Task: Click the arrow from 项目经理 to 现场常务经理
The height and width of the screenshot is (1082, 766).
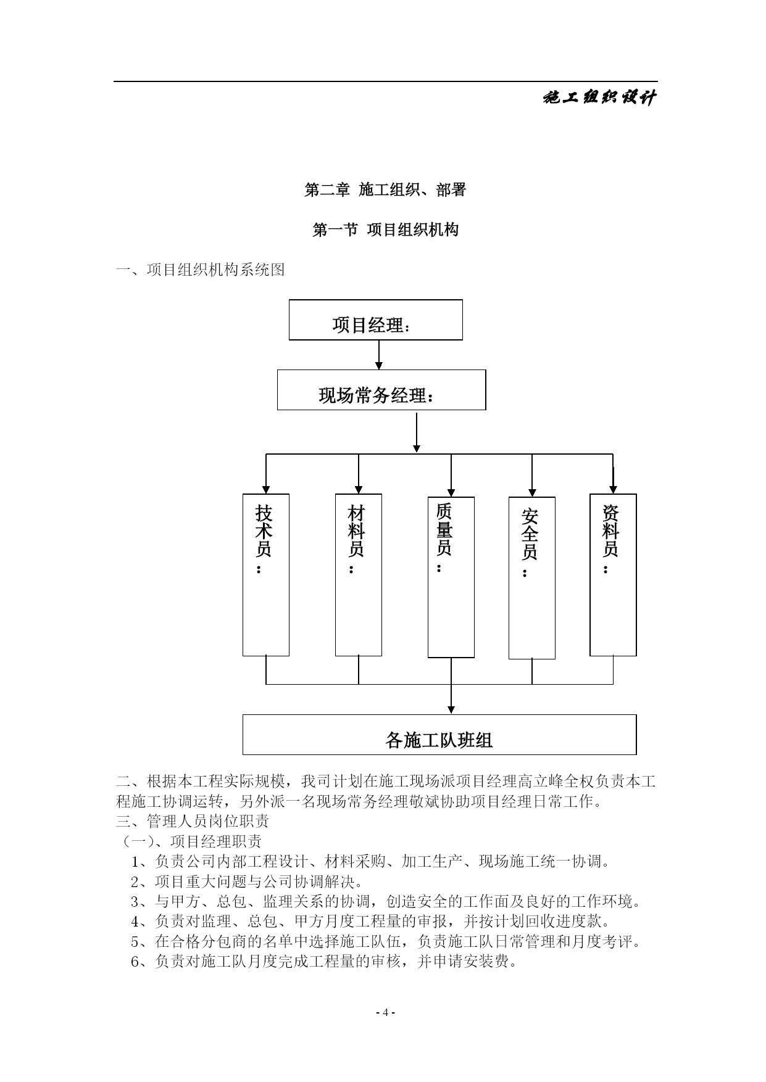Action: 379,355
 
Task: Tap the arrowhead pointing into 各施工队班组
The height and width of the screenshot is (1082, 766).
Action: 451,709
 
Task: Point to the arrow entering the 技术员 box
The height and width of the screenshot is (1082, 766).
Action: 266,474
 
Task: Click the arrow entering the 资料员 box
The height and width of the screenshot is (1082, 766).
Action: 613,474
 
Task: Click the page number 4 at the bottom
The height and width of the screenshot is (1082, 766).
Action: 385,1012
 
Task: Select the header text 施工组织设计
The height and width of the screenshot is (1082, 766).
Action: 599,97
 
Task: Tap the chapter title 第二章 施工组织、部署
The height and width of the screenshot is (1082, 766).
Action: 385,190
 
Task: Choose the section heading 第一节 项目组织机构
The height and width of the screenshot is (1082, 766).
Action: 386,230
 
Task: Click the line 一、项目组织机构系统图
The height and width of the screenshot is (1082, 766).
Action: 201,270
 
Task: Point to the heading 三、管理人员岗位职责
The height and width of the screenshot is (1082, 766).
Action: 193,822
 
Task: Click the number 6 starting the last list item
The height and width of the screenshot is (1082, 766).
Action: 135,962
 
